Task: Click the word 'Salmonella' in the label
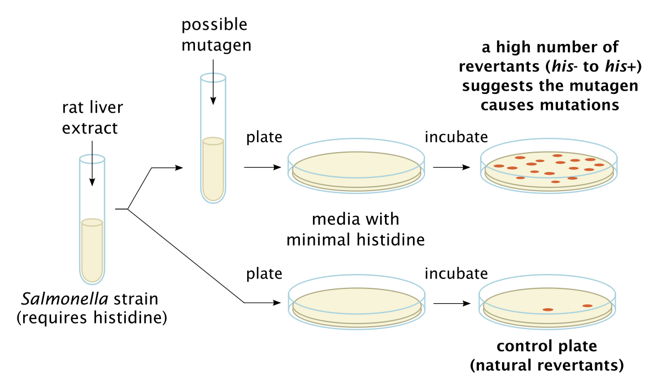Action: [65, 299]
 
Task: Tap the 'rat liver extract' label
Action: [92, 118]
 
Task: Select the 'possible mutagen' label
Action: [216, 35]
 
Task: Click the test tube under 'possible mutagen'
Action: [213, 138]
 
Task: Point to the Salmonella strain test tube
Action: [92, 219]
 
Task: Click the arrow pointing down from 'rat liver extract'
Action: [92, 163]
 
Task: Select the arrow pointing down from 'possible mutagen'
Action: [213, 82]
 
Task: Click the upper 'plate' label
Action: [264, 137]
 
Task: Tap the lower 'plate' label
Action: [264, 274]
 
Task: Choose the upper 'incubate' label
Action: [456, 137]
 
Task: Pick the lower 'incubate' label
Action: [456, 274]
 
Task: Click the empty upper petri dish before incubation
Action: [356, 166]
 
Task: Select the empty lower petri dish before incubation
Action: [356, 302]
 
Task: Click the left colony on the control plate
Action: [548, 310]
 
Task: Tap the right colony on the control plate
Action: [587, 306]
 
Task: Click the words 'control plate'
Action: [546, 346]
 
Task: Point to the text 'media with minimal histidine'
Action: [355, 229]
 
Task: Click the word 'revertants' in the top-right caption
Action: [500, 66]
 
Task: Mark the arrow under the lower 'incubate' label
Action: [452, 303]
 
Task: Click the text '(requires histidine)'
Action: [92, 318]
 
